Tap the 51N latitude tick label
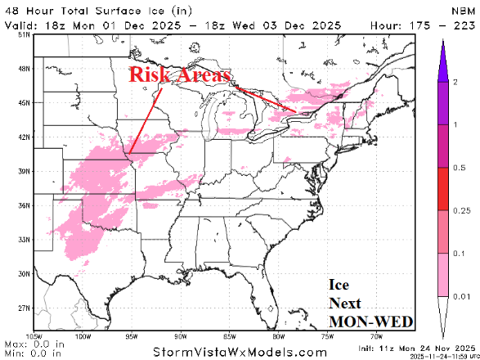click(x=25, y=35)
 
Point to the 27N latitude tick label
click(x=25, y=308)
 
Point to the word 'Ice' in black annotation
click(x=339, y=286)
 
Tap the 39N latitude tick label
click(x=25, y=171)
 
